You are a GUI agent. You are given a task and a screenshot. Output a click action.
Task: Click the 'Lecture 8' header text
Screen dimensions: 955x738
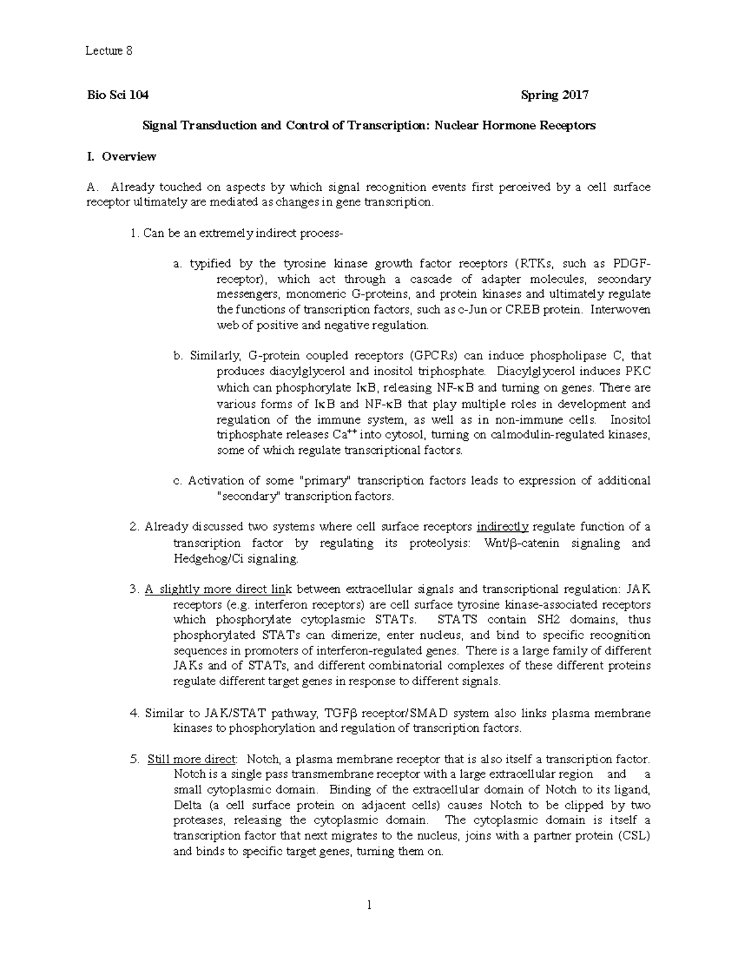pos(109,51)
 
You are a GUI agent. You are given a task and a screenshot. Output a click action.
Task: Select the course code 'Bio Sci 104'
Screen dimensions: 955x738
pos(117,95)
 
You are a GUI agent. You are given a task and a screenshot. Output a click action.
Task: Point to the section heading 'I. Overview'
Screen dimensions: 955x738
pos(121,156)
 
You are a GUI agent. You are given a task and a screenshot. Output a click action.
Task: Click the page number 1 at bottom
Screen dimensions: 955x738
pos(369,905)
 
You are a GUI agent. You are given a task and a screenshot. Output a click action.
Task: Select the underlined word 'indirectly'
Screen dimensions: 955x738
pos(502,527)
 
